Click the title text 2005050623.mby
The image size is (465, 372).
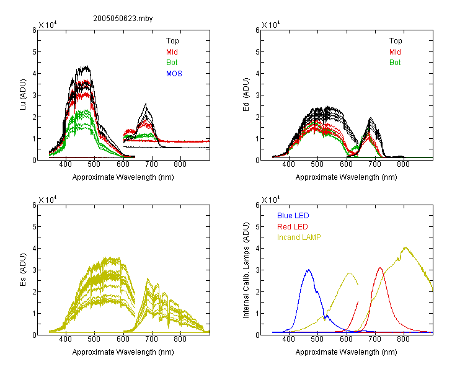point(123,19)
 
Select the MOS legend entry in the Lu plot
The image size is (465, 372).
point(174,74)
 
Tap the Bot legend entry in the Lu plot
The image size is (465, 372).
point(172,63)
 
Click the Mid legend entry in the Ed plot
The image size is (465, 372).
point(395,52)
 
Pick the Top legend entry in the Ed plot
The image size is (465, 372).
point(396,41)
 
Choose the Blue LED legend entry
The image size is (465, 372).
point(293,216)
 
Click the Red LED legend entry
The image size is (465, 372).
point(293,227)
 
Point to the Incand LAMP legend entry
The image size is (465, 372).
point(299,237)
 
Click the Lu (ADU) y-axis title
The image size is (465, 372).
point(23,94)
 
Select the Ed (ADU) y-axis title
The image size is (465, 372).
point(246,94)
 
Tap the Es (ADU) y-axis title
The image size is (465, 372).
point(23,269)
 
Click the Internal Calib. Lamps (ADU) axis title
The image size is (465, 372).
point(246,270)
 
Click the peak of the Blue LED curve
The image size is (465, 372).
point(309,270)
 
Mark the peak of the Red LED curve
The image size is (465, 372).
point(380,268)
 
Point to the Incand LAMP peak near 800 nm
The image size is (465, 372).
point(405,247)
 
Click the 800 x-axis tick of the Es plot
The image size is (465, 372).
point(180,339)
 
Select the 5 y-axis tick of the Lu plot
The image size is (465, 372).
point(34,52)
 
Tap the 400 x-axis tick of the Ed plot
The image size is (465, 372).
point(288,164)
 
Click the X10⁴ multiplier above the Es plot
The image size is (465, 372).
point(48,200)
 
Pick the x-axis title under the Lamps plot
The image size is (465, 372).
point(346,352)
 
